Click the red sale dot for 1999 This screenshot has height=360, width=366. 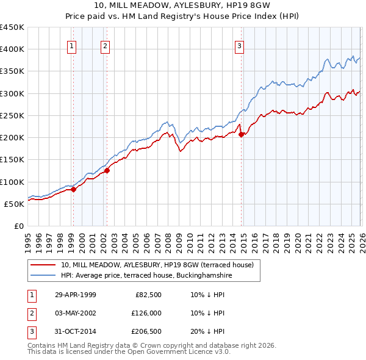tap(74, 189)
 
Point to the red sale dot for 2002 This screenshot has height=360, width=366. tap(107, 170)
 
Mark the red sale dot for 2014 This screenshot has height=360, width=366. tap(241, 135)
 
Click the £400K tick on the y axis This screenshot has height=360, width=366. tap(12, 49)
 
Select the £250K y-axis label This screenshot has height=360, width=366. tap(12, 115)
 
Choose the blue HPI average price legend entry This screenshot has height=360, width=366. tap(146, 276)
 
